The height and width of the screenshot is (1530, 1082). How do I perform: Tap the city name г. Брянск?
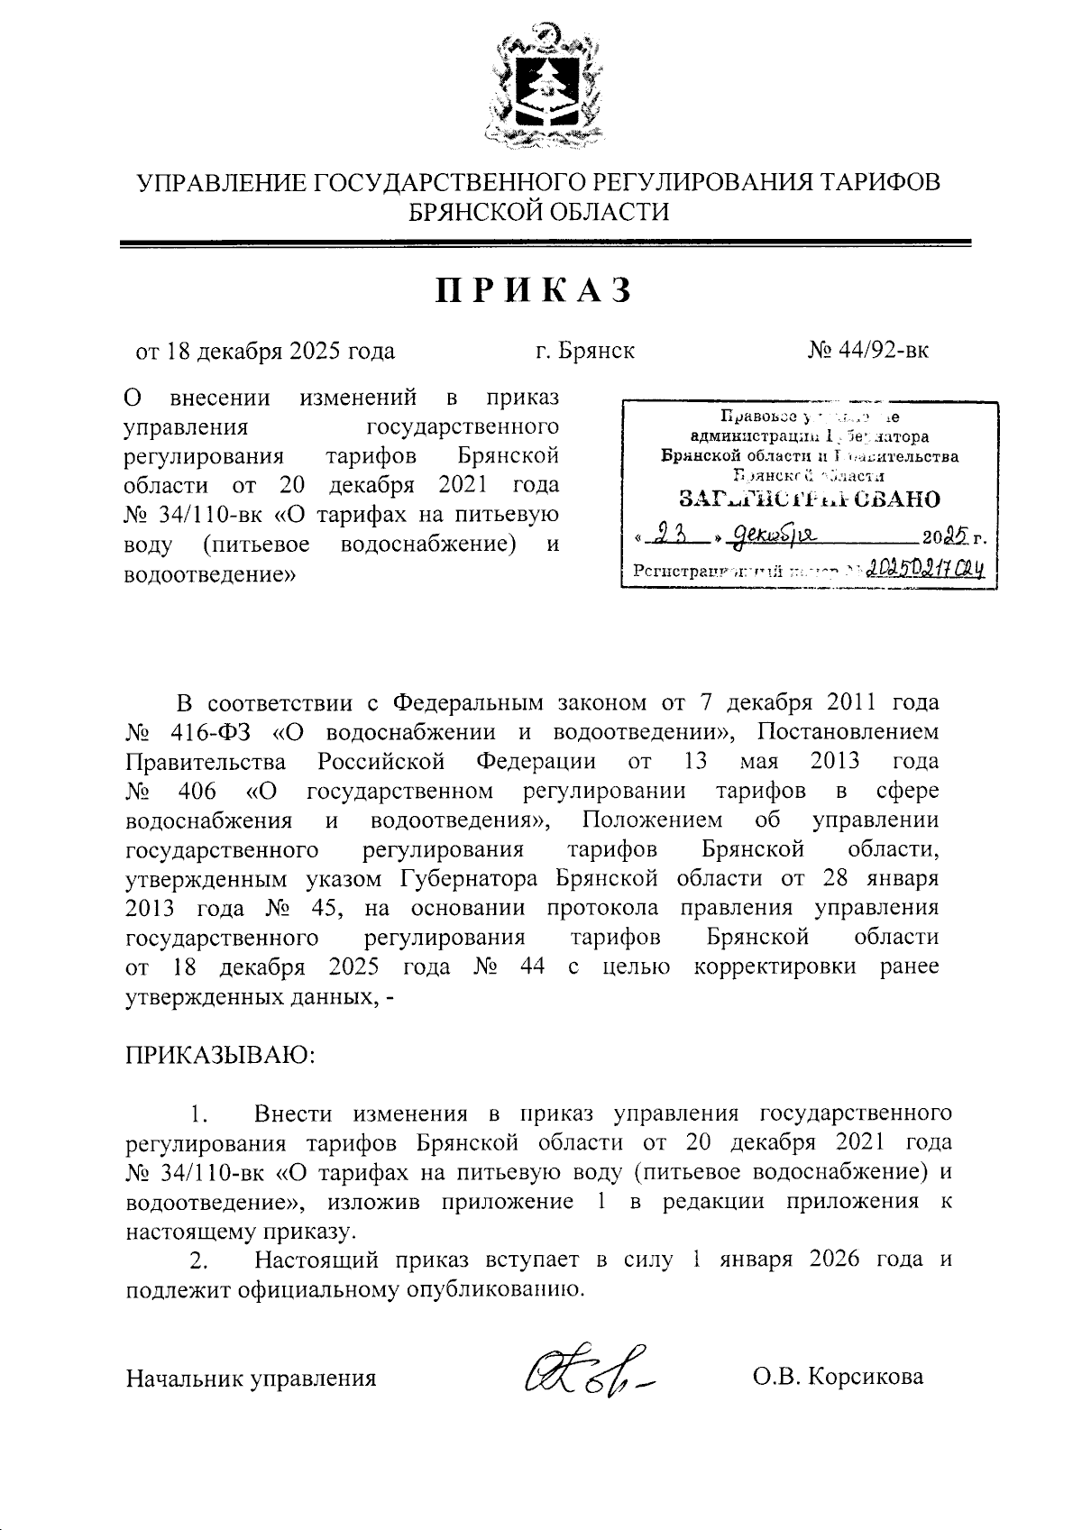click(x=584, y=350)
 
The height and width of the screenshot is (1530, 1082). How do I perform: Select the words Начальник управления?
click(x=251, y=1378)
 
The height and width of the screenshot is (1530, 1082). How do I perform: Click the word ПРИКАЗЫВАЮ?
click(x=220, y=1054)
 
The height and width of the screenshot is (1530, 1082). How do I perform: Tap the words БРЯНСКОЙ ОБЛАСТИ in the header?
click(x=539, y=212)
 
